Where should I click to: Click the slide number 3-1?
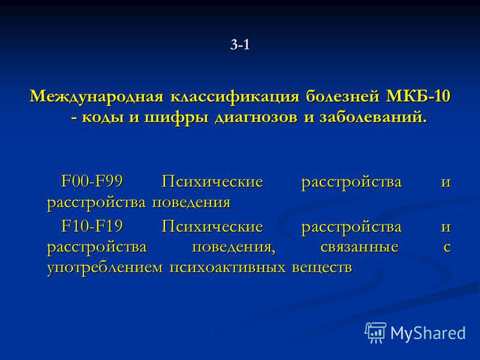click(241, 45)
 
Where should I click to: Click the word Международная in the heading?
click(97, 97)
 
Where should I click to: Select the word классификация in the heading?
click(235, 97)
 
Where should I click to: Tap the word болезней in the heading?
click(342, 97)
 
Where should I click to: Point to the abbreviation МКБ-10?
click(418, 96)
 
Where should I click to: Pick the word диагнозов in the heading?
click(256, 118)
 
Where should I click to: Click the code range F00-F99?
click(92, 181)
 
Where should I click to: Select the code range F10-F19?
click(92, 226)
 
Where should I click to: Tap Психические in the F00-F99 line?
click(212, 181)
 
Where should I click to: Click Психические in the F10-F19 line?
click(212, 227)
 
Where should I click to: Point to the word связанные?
click(359, 247)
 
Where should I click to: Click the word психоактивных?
click(227, 268)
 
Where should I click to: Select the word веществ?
click(322, 268)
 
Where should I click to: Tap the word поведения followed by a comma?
click(233, 247)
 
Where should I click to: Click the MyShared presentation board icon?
click(376, 332)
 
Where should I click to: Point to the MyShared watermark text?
click(428, 333)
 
